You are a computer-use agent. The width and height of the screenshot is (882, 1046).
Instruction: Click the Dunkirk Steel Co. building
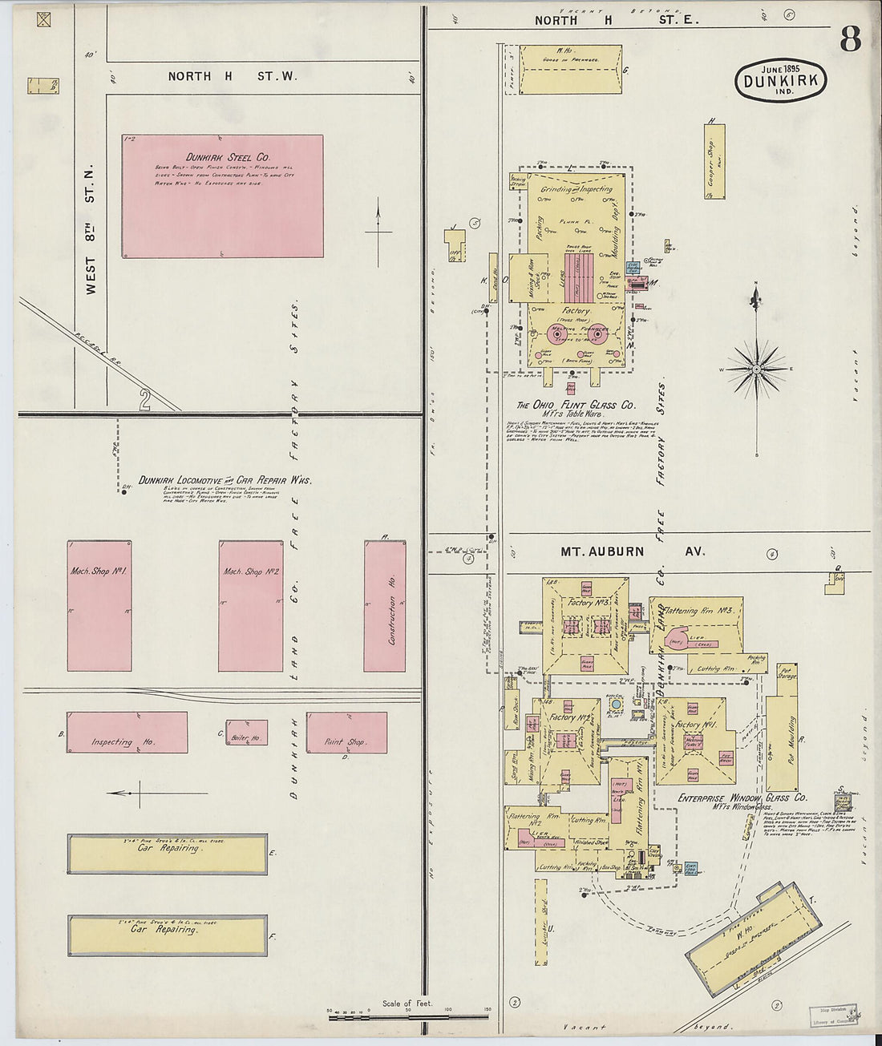click(x=223, y=196)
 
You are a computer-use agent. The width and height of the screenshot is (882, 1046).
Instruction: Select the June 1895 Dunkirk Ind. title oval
click(x=779, y=80)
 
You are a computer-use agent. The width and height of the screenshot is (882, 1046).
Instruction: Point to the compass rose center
click(x=756, y=369)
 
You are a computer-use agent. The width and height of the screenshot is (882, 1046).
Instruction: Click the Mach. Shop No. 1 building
click(x=99, y=606)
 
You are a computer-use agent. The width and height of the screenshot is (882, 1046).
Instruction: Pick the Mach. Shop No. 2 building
click(x=251, y=606)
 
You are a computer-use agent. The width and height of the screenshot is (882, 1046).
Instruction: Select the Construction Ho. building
click(x=384, y=606)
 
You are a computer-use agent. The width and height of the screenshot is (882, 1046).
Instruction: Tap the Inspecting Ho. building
click(x=127, y=733)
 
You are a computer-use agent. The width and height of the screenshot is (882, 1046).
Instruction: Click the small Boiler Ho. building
click(x=246, y=733)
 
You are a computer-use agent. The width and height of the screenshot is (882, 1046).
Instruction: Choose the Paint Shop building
click(x=346, y=733)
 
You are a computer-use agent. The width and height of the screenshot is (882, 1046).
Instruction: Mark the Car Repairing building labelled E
click(x=168, y=854)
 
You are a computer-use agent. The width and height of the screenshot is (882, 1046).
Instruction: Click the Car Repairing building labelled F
click(x=168, y=935)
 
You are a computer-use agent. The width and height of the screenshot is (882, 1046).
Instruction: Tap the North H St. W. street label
click(x=232, y=76)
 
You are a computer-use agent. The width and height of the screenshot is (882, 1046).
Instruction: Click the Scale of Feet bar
click(x=409, y=1017)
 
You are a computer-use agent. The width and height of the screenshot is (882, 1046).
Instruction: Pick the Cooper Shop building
click(x=715, y=162)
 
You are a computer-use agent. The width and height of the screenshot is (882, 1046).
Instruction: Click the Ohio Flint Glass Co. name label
click(x=577, y=406)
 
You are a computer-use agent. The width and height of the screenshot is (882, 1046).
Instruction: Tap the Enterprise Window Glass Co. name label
click(x=742, y=798)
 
